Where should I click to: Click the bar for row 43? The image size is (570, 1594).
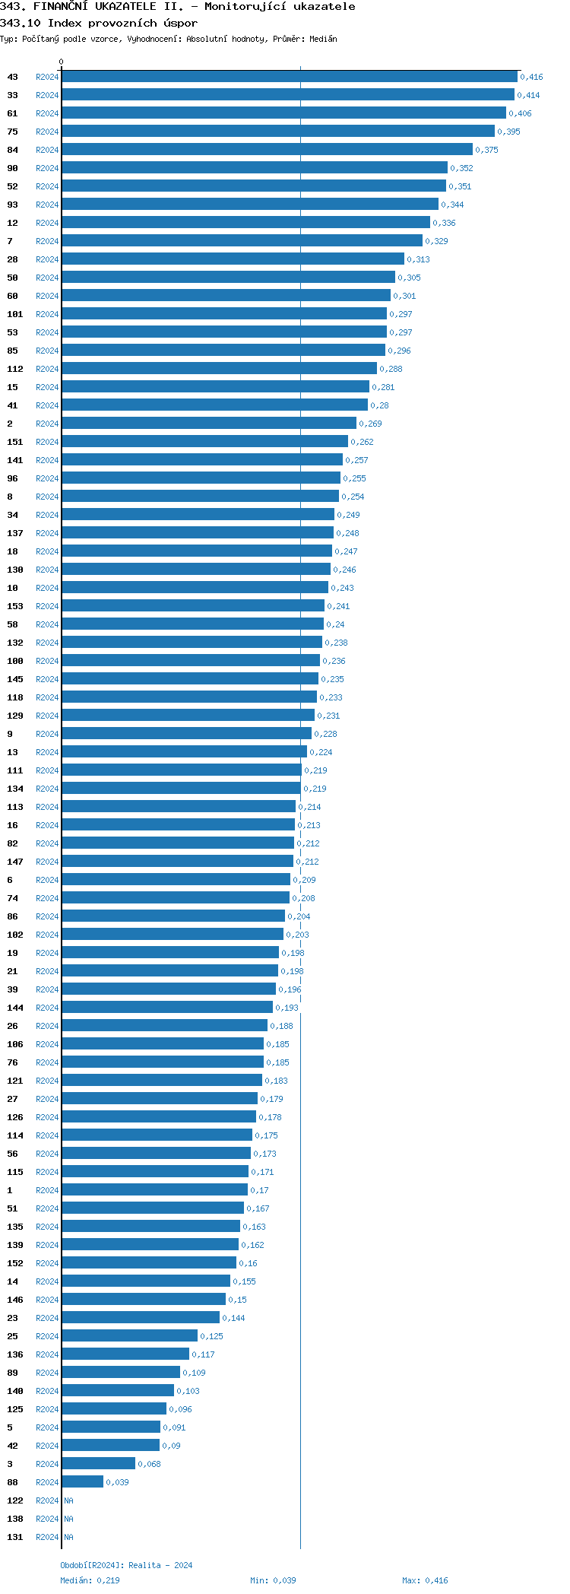(x=289, y=77)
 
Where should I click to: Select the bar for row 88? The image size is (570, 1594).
(x=82, y=1482)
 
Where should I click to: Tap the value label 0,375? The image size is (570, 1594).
(x=486, y=150)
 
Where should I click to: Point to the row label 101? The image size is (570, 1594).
(x=15, y=314)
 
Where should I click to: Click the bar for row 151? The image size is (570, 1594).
(x=204, y=442)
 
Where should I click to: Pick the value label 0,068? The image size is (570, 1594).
(x=149, y=1464)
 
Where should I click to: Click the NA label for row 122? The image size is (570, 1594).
(x=68, y=1500)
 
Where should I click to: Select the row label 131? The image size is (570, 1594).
(x=15, y=1537)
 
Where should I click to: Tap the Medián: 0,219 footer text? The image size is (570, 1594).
(x=90, y=1580)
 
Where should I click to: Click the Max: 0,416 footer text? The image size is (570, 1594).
(x=425, y=1580)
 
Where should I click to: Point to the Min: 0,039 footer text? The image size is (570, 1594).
(x=273, y=1580)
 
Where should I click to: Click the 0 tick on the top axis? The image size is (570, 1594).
(x=62, y=62)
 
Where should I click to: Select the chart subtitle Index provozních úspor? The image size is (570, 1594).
(x=122, y=23)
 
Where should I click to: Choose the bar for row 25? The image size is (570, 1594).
(x=129, y=1336)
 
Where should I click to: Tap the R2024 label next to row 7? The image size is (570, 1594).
(x=47, y=241)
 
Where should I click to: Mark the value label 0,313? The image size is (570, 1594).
(x=418, y=259)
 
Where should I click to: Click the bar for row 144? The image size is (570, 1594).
(x=166, y=1008)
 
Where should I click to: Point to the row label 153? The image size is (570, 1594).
(x=15, y=606)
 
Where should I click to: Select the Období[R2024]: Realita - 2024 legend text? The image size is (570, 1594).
(x=126, y=1565)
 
